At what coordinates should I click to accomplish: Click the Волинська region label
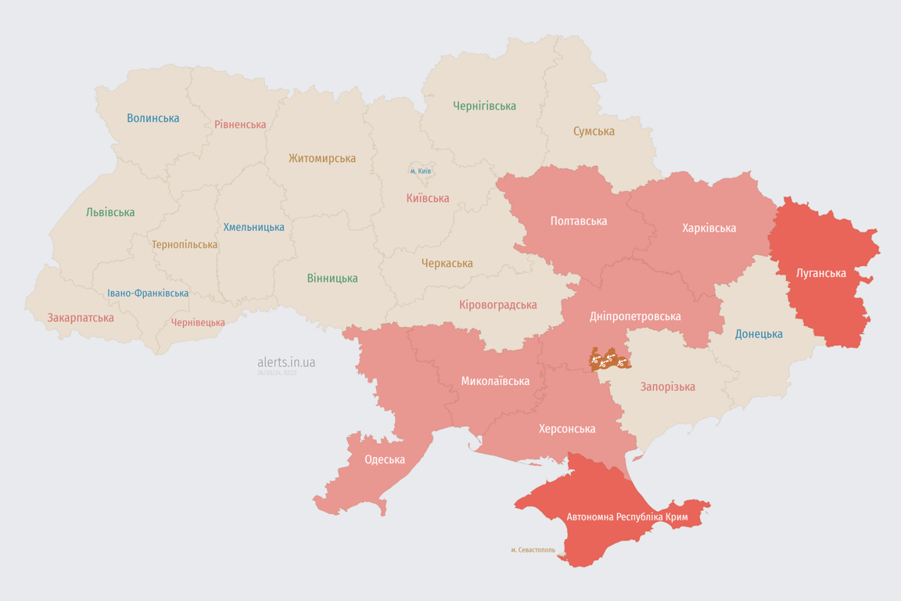153,118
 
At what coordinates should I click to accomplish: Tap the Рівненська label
240,124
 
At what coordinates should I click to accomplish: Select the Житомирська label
322,158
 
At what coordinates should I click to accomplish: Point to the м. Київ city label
420,171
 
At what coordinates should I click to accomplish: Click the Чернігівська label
484,106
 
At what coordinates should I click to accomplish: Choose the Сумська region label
594,131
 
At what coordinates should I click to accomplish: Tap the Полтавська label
579,221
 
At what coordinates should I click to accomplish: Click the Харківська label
709,228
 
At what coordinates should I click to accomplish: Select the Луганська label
820,273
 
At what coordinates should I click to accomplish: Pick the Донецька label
759,334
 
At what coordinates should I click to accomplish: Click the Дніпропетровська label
635,316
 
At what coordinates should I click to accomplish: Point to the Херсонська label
567,429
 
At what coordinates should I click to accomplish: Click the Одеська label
385,459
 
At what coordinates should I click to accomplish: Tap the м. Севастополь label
533,550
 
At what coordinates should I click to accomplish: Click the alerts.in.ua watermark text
286,362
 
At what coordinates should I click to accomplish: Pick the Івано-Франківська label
148,293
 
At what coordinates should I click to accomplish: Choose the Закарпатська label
81,318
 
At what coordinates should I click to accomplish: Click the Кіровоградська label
498,304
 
